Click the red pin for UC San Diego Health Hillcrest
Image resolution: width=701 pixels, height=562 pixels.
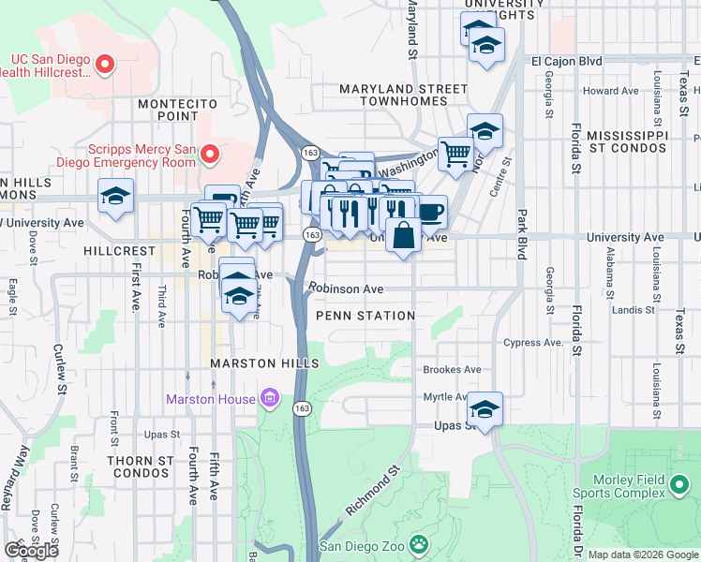coord(105,65)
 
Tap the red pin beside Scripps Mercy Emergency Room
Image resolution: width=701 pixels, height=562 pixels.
coord(211,153)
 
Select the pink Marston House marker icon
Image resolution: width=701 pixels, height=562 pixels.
coord(270,399)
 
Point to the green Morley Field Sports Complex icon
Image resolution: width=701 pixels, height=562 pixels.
coord(680,485)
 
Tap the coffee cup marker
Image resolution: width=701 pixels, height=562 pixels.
coord(431,212)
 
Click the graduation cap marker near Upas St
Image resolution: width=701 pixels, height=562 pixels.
coord(485,408)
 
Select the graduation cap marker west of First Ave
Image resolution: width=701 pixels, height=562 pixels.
coord(116,196)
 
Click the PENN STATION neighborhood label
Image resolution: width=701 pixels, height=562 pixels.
coord(365,316)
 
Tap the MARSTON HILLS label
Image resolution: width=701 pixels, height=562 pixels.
coord(264,362)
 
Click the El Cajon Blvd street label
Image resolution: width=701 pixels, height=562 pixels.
coord(566,61)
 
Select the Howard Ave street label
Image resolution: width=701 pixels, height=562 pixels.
coord(610,91)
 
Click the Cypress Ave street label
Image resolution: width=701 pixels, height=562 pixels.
coord(534,343)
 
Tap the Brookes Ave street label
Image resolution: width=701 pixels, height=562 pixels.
coord(452,369)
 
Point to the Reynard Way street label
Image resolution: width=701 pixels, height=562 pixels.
coord(16,477)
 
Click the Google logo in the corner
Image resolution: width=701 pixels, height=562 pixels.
coord(31,550)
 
